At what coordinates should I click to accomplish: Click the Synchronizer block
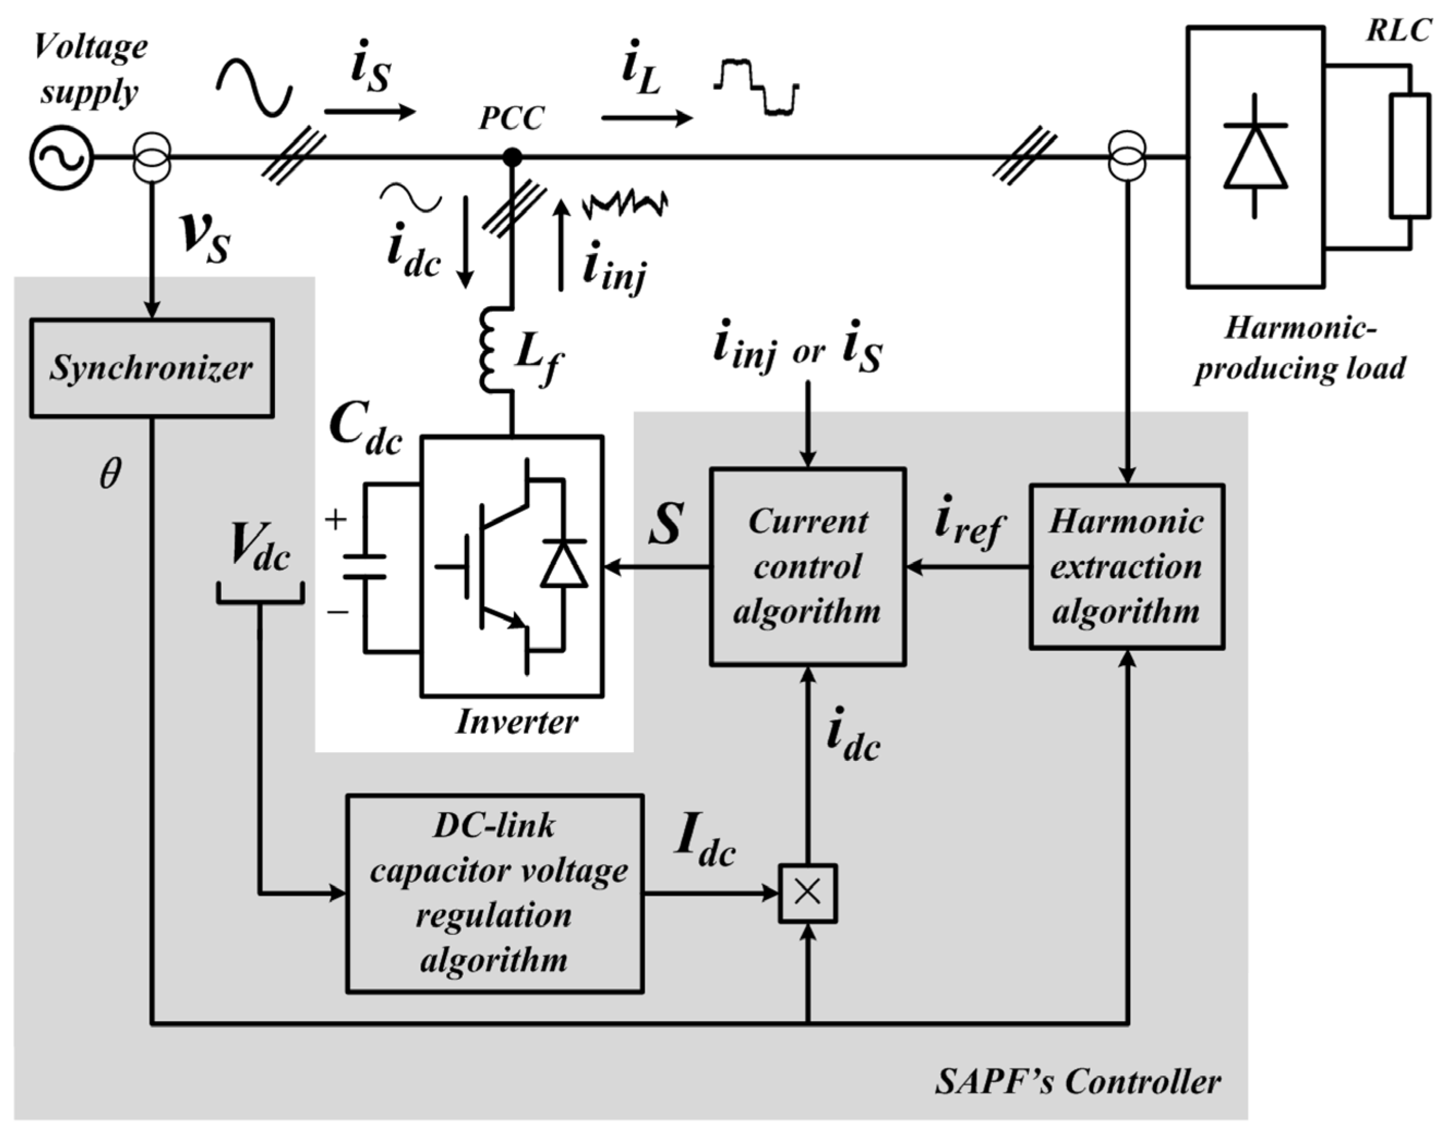151,368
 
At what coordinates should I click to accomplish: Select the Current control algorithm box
807,567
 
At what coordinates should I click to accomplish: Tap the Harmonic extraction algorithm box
1126,567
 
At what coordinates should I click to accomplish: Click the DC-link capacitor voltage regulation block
495,893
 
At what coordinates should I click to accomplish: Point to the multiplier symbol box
807,893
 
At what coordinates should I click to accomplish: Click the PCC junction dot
512,158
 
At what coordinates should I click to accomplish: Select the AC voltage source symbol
60,158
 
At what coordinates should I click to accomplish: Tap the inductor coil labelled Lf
494,350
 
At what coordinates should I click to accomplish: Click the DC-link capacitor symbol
364,567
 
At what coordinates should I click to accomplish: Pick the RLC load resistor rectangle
1409,156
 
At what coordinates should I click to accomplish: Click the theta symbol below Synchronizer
110,475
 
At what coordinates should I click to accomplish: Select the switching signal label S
666,524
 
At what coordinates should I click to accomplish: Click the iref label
969,524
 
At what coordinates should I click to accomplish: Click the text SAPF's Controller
1077,1082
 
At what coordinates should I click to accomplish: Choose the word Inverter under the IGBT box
517,722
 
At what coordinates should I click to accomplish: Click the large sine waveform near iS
254,87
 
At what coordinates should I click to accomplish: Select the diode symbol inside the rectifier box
1255,156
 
